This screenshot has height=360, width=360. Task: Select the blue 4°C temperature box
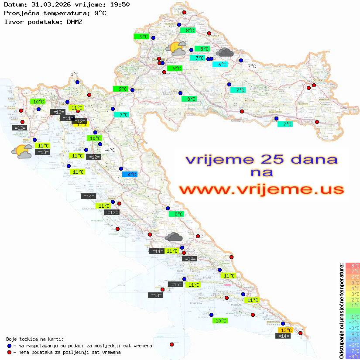[130, 174]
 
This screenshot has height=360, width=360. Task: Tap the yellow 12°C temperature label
[82, 124]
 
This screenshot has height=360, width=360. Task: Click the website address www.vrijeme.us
[261, 189]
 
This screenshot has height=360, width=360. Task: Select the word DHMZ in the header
[75, 21]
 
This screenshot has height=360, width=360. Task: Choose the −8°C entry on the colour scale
[353, 357]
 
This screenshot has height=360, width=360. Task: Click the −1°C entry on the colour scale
[353, 317]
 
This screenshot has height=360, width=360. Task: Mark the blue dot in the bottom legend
[9, 346]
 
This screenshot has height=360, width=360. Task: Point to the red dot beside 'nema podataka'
[9, 352]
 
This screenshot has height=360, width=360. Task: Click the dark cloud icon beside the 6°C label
[224, 53]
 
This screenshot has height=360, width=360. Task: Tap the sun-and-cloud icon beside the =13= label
[22, 151]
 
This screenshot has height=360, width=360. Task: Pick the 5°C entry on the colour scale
[353, 283]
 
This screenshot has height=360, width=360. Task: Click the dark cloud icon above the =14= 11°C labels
[174, 237]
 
